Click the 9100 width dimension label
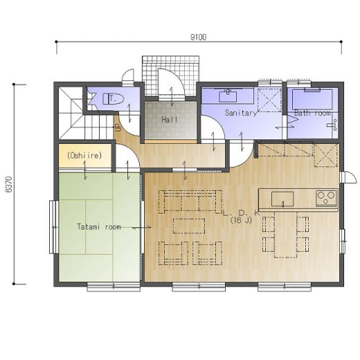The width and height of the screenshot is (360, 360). tap(198, 37)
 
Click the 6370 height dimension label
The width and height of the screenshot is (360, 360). tap(9, 184)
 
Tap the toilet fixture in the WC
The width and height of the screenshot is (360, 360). tap(114, 99)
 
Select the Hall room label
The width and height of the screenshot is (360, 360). tap(170, 120)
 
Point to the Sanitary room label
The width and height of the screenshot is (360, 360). tap(241, 113)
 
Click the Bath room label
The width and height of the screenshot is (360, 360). tap(312, 113)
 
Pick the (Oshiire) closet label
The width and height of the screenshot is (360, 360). tap(84, 155)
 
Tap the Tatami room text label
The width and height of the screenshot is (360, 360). tap(99, 227)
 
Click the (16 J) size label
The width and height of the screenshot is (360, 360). tap(241, 220)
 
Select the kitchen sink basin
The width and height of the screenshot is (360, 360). tap(282, 199)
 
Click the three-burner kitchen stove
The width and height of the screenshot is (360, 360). tap(326, 198)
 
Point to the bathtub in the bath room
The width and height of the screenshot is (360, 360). tap(312, 99)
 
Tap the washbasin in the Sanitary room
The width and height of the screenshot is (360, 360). tap(228, 96)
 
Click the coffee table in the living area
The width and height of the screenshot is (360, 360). tap(189, 226)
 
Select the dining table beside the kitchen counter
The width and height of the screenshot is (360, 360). tap(285, 234)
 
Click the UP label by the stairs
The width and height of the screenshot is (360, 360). tap(118, 127)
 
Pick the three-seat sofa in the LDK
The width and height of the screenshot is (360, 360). tap(190, 201)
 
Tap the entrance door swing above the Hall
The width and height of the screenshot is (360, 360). tap(171, 84)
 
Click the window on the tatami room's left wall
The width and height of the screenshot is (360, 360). tap(54, 227)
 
